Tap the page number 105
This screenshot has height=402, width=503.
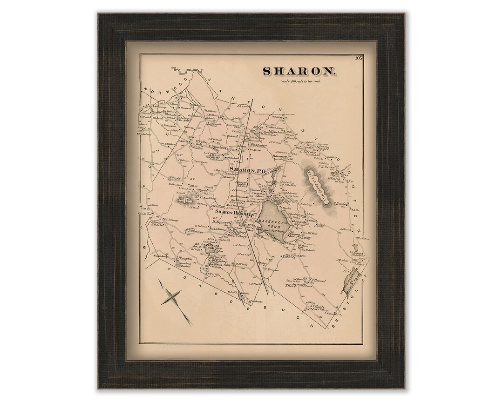point(358,58)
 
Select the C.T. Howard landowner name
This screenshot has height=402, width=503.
point(317,281)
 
